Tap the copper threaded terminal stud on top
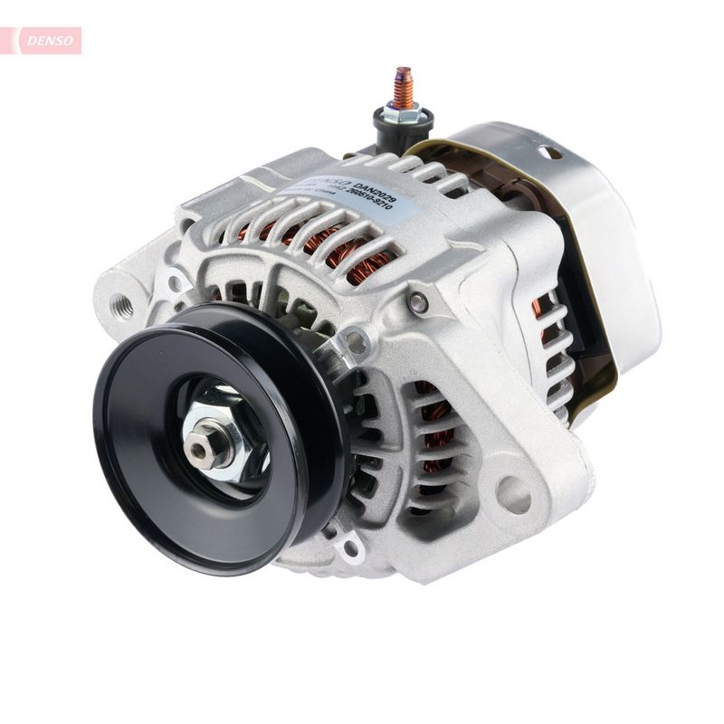click(x=403, y=85)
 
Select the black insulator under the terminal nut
click(x=402, y=126)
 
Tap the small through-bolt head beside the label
click(x=419, y=302)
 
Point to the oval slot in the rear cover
click(x=551, y=151)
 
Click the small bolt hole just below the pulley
click(x=350, y=548)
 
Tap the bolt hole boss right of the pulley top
click(x=356, y=342)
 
